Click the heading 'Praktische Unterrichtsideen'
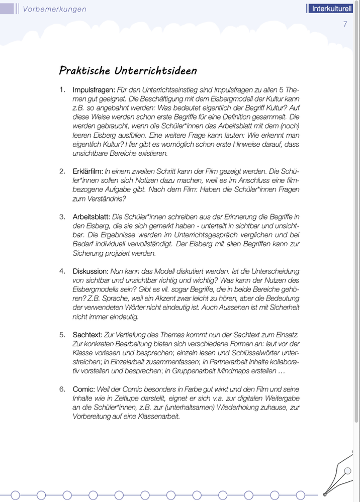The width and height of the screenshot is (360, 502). [x=128, y=70]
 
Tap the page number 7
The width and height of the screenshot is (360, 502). [x=345, y=24]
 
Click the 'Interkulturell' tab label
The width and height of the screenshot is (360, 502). [x=331, y=9]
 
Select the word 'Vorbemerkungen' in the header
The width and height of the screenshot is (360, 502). [x=55, y=9]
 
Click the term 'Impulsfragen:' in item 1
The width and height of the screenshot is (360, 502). [x=94, y=90]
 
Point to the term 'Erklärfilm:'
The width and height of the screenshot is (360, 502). [x=87, y=171]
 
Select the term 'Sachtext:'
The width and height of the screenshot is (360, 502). [x=87, y=334]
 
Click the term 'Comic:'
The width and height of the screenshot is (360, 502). [x=84, y=389]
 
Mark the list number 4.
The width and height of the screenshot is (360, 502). [x=62, y=271]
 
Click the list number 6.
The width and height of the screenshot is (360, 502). [x=62, y=389]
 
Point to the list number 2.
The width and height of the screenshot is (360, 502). [x=62, y=171]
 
